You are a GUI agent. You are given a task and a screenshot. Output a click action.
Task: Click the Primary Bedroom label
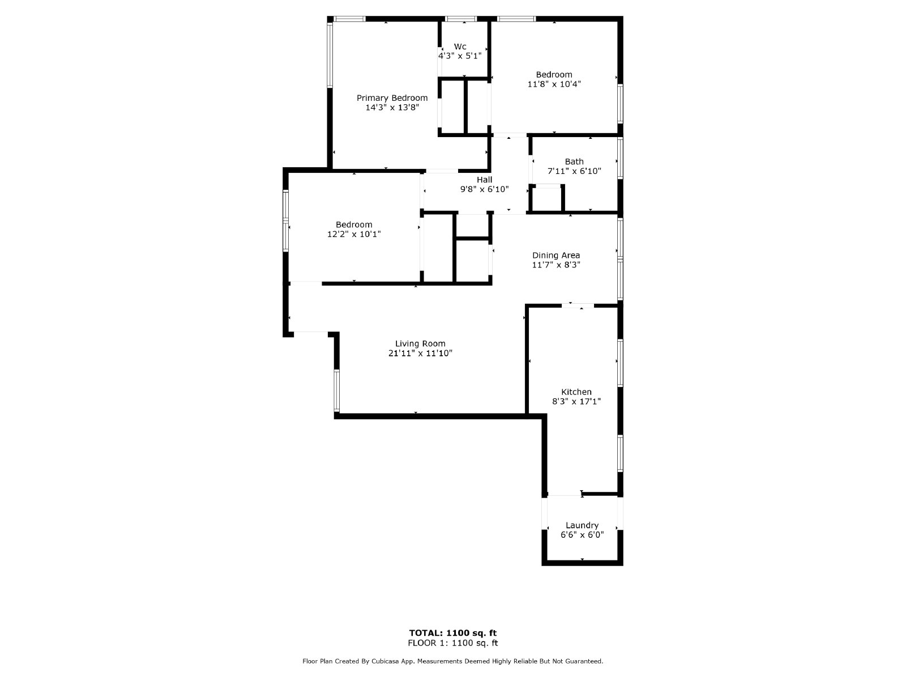(x=392, y=98)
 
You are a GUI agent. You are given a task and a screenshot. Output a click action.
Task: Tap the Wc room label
(x=460, y=46)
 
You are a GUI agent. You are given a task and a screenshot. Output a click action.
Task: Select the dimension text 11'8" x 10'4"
(x=554, y=84)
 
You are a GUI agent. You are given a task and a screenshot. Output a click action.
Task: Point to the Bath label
(x=574, y=161)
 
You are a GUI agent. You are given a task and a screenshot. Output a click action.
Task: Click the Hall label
(x=484, y=180)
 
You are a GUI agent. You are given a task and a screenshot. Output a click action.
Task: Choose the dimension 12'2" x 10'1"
(x=354, y=234)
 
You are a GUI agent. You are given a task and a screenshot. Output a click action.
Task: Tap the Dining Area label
(x=555, y=255)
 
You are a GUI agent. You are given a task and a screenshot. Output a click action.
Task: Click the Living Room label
(x=420, y=343)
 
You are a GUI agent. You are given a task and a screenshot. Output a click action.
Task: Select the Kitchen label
(x=576, y=392)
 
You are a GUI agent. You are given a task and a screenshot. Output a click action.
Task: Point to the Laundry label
(x=582, y=525)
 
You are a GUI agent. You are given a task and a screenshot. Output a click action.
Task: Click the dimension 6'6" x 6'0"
(x=582, y=534)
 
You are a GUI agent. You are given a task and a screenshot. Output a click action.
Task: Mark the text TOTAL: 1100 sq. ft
(x=453, y=633)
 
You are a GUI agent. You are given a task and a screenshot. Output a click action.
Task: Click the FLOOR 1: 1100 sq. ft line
(x=453, y=643)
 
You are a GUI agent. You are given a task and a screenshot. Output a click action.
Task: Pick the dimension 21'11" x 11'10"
(x=420, y=353)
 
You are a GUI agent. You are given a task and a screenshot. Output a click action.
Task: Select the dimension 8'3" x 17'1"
(x=576, y=401)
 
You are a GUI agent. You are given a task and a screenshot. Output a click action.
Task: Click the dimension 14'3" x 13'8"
(x=392, y=107)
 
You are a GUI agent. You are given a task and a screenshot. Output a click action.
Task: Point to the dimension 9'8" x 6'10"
(x=484, y=189)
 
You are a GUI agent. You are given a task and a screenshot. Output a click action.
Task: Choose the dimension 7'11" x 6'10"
(x=574, y=171)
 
